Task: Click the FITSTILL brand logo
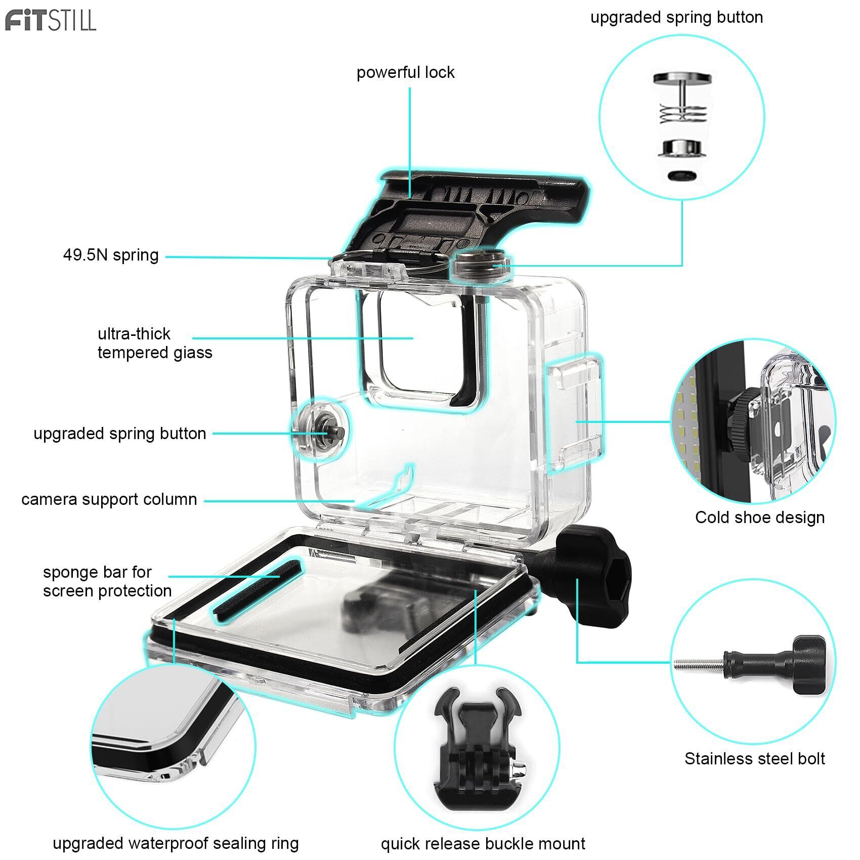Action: (51, 21)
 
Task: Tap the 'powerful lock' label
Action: (405, 73)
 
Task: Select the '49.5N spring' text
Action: (111, 255)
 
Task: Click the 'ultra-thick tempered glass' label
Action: (154, 343)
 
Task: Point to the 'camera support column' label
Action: (109, 500)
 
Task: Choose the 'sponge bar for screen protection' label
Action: (107, 582)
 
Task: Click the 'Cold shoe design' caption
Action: (759, 518)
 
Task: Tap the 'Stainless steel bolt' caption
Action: (754, 759)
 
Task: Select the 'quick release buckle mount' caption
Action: (483, 844)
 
